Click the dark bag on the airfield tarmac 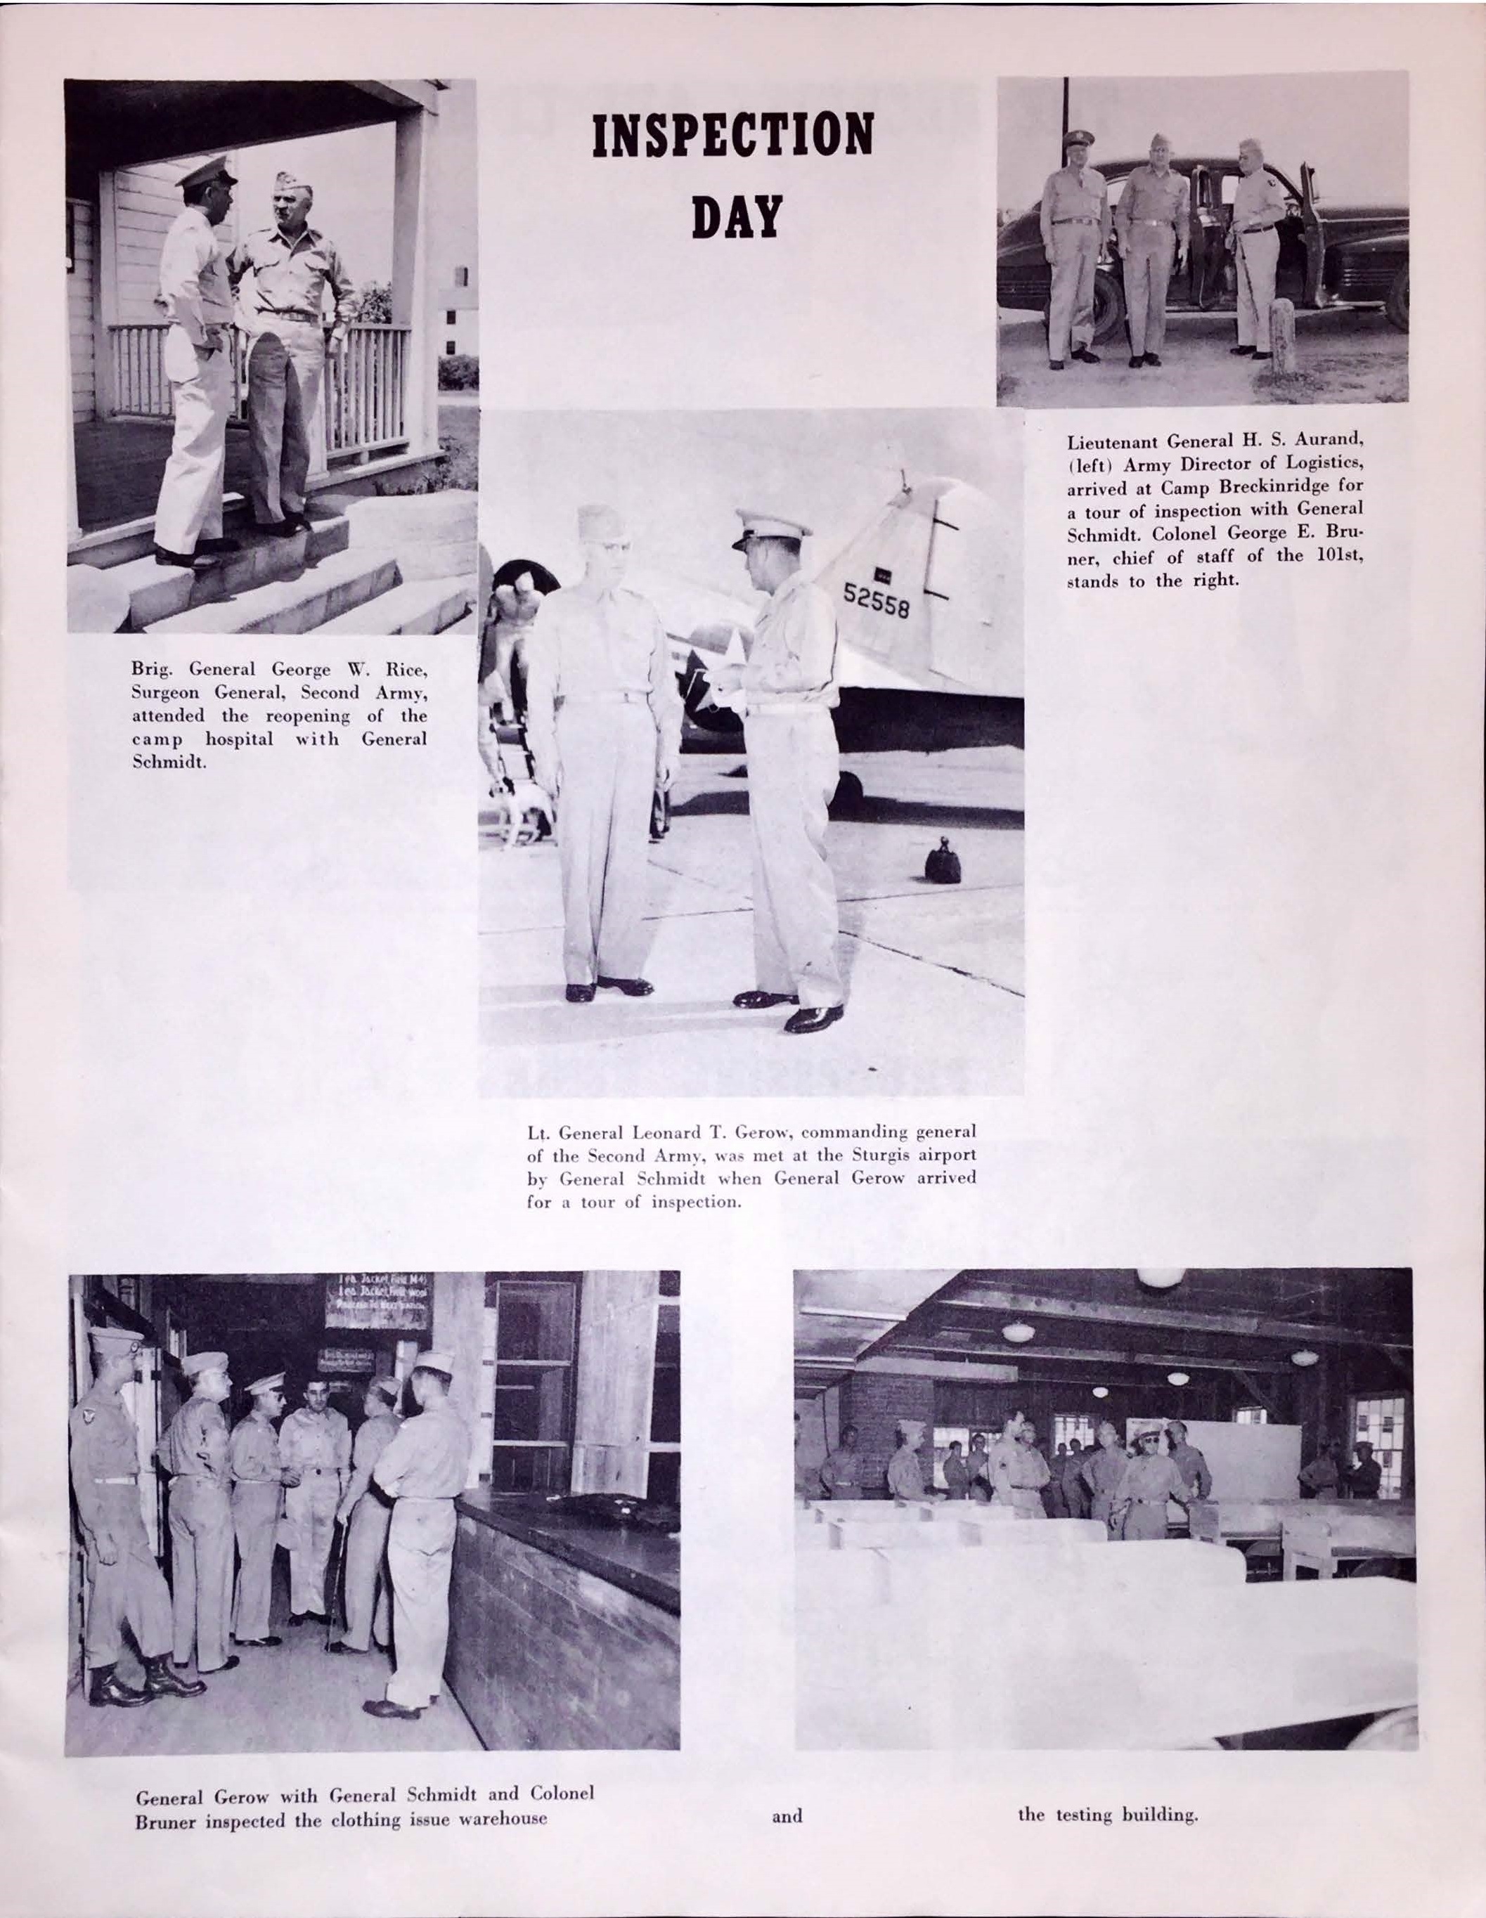[943, 863]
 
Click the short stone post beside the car [1283, 335]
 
